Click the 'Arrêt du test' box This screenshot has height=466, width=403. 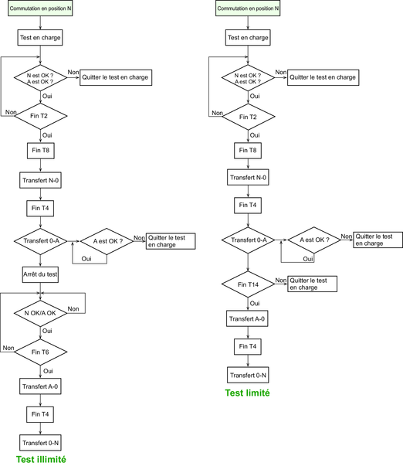click(40, 274)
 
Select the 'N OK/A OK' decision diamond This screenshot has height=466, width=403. click(40, 313)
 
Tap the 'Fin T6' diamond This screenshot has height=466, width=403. click(40, 352)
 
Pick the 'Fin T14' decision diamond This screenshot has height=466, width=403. click(248, 284)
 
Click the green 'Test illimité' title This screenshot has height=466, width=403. click(41, 459)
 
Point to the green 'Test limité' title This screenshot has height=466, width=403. click(247, 393)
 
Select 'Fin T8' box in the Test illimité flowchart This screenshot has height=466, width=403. click(41, 151)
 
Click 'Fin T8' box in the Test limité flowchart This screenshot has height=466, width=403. click(248, 151)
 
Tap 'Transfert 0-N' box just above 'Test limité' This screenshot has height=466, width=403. click(248, 375)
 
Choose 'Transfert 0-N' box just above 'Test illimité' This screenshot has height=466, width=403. click(40, 443)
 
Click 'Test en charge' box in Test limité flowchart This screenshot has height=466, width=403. click(248, 38)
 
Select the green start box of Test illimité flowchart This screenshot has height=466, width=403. click(40, 9)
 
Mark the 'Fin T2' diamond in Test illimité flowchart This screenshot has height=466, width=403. click(40, 116)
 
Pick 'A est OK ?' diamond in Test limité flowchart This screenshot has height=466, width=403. click(314, 240)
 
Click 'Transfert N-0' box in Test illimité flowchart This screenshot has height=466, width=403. click(40, 180)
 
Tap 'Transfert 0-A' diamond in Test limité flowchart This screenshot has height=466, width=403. click(248, 240)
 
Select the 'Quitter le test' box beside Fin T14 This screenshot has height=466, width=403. click(312, 284)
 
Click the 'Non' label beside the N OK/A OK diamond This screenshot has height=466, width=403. click(73, 309)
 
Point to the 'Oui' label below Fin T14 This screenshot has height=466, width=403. click(255, 304)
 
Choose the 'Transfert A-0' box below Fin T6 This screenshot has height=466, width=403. click(40, 386)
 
